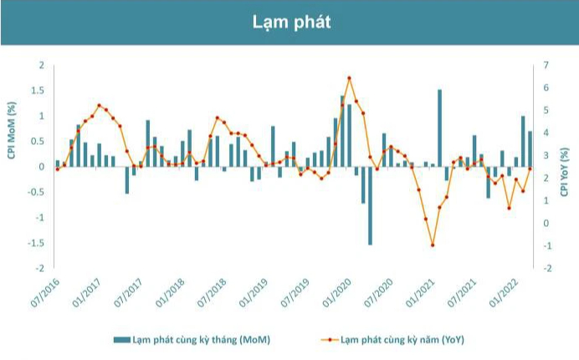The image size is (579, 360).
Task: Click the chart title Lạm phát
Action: (291, 22)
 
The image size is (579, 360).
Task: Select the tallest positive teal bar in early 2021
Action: (440, 128)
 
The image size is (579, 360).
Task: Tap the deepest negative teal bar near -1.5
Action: (370, 205)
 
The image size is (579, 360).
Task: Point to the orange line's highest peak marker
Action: (349, 78)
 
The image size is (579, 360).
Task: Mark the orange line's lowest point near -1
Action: (433, 245)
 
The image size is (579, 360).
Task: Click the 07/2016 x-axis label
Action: (45, 292)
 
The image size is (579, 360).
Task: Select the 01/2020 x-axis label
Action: (336, 292)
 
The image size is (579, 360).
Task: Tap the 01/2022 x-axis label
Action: (504, 292)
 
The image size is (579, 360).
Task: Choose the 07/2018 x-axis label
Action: (212, 292)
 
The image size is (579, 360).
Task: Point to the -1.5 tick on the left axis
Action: (36, 243)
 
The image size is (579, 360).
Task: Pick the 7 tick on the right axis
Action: (546, 65)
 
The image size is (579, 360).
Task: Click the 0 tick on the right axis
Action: (546, 224)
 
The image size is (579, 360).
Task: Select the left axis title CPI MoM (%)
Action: (12, 131)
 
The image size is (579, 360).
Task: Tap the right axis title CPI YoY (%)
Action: (565, 172)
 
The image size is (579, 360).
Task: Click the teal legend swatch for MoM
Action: (122, 340)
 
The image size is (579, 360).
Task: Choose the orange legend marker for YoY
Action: (330, 340)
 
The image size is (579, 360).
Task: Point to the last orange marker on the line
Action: (530, 169)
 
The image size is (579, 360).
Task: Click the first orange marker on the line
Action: (57, 169)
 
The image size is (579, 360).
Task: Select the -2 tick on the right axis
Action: (546, 269)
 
